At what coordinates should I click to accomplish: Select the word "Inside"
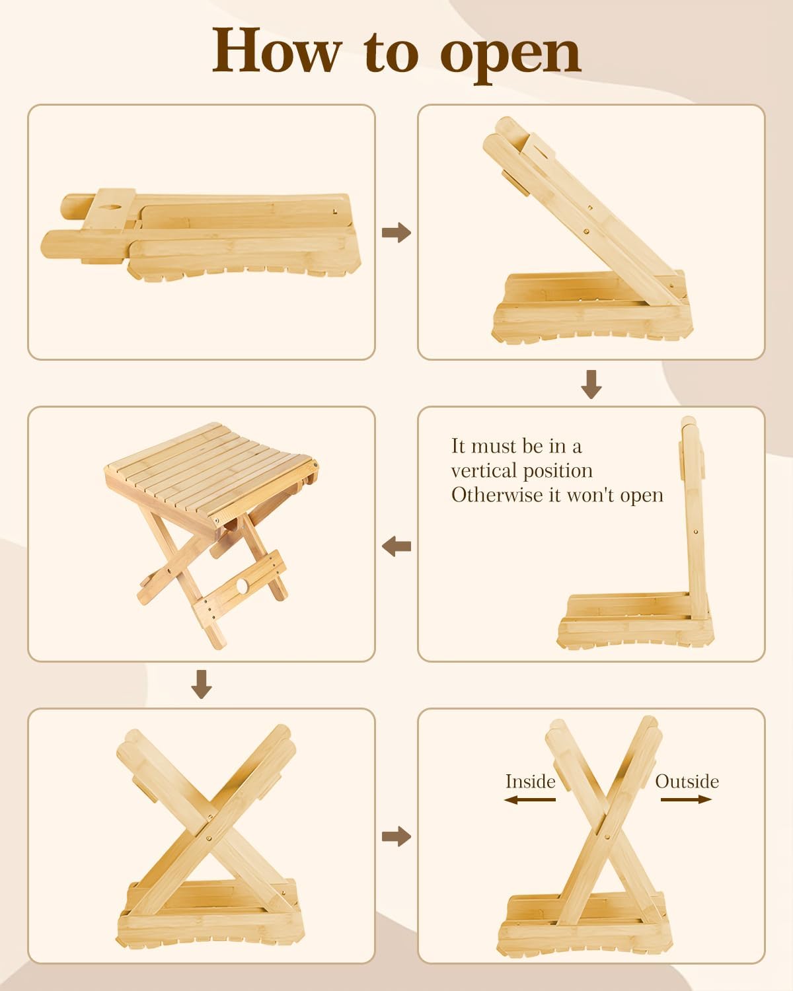click(531, 782)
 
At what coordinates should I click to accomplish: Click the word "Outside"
click(687, 782)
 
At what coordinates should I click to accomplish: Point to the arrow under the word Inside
click(530, 800)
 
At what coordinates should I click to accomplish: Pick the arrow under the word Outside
click(687, 799)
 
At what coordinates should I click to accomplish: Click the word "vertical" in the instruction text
click(483, 470)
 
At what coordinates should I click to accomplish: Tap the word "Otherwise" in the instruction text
click(497, 495)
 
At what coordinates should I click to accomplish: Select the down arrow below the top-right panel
click(591, 384)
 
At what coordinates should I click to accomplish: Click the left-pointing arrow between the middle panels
click(397, 546)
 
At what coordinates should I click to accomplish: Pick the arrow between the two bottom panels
click(397, 836)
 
